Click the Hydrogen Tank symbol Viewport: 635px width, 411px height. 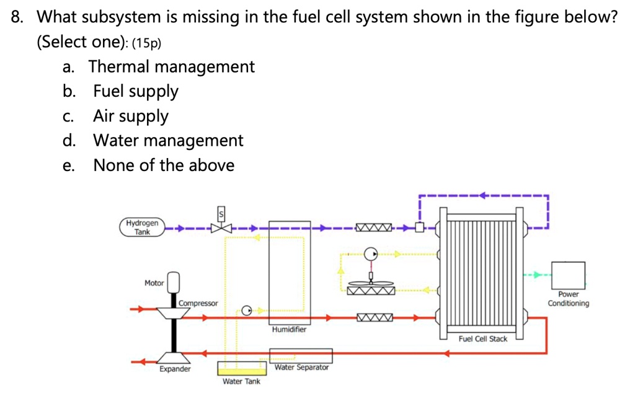(x=142, y=228)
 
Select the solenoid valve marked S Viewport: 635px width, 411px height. (x=220, y=228)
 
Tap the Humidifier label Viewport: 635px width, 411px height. (x=288, y=330)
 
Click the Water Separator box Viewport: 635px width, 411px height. (x=301, y=356)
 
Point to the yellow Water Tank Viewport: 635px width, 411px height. (x=241, y=369)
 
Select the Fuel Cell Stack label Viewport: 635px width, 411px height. (x=482, y=338)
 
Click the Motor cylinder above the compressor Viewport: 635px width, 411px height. (x=174, y=282)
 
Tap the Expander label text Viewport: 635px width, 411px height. (x=175, y=369)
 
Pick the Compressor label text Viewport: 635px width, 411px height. (x=198, y=303)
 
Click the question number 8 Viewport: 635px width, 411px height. (x=19, y=17)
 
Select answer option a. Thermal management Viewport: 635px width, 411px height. (x=171, y=66)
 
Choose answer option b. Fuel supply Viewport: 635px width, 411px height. (x=135, y=91)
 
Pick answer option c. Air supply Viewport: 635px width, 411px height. (x=130, y=116)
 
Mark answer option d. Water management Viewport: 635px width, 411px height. (x=167, y=141)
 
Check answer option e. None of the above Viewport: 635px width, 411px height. (x=163, y=166)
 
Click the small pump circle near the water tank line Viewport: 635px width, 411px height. (x=246, y=310)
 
